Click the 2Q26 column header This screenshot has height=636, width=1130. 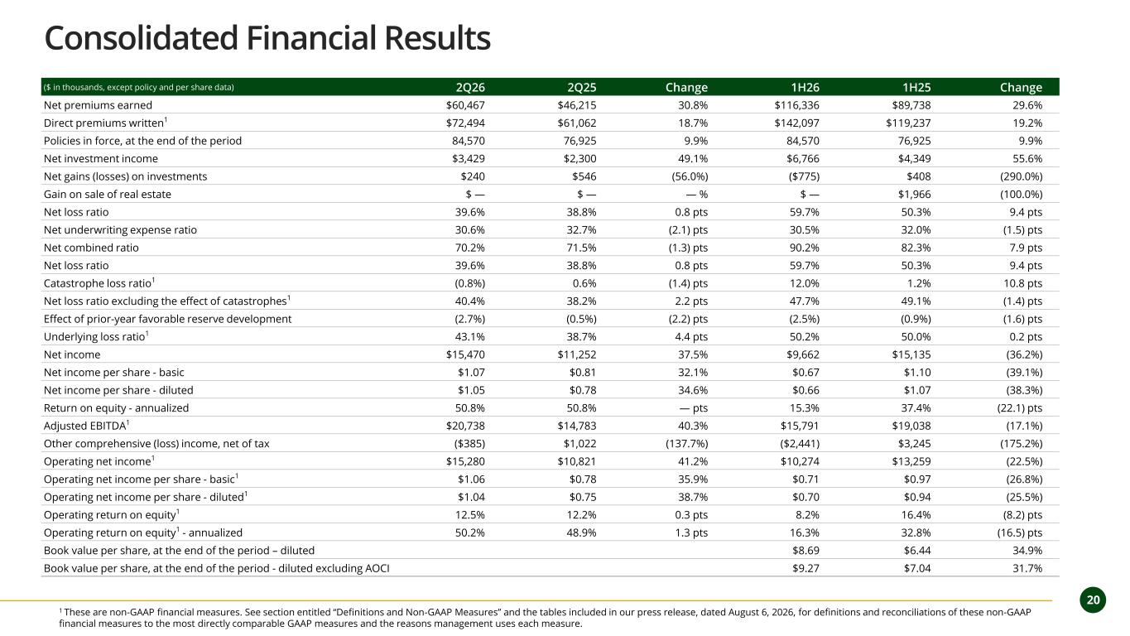(470, 87)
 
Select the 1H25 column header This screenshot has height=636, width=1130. (916, 87)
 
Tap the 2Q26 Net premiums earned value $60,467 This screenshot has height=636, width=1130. (465, 105)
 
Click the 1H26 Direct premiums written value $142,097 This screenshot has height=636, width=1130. (797, 123)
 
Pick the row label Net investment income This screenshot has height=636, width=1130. (101, 158)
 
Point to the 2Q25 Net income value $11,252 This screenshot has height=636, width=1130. (577, 354)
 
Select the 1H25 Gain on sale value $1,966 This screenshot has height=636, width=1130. (914, 195)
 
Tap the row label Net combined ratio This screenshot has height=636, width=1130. (91, 248)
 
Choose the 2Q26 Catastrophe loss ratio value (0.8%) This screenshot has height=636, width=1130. (469, 283)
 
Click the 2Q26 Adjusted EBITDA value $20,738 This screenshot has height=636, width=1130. (465, 426)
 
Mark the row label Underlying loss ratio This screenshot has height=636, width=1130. (95, 337)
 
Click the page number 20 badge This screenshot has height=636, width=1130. (1093, 600)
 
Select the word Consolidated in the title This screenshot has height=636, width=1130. (142, 38)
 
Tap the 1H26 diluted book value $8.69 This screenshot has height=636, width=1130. (805, 550)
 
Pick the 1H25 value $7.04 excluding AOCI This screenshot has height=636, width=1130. (917, 568)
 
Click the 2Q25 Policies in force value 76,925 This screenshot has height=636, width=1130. (579, 141)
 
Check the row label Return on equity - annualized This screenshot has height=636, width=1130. (116, 407)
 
